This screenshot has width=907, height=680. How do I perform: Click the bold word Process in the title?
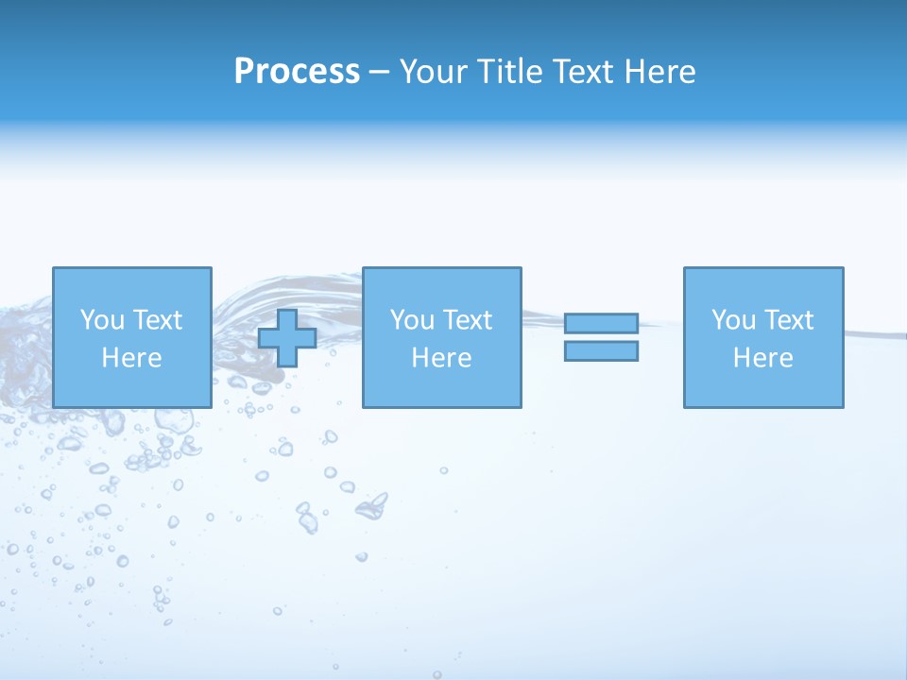pos(297,72)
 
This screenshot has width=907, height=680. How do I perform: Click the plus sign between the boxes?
pos(287,338)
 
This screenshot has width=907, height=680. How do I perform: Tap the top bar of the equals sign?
pos(601,324)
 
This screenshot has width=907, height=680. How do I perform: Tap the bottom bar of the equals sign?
pos(601,351)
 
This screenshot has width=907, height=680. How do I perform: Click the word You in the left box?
pos(102,320)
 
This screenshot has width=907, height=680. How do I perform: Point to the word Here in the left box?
pos(131,358)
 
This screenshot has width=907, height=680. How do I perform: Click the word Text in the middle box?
pos(468,320)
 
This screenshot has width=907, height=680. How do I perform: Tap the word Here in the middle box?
pos(441,358)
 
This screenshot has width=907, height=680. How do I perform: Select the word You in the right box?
pos(733,320)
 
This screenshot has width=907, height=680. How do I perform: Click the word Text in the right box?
pos(789,320)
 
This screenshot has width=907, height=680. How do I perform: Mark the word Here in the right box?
pos(762,358)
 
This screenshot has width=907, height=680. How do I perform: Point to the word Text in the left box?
pos(158,320)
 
